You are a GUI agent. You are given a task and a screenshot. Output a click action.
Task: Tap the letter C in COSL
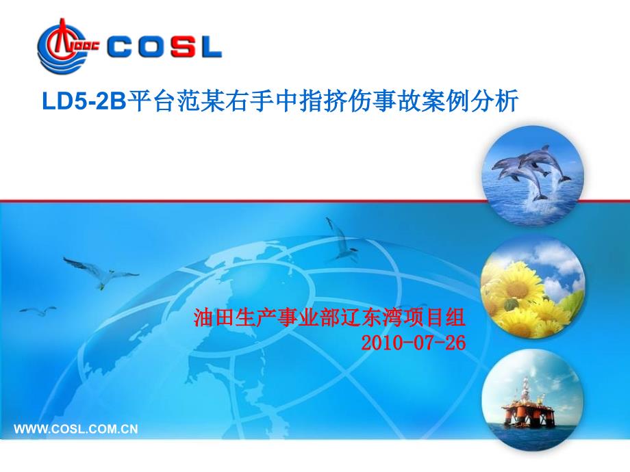click(x=119, y=47)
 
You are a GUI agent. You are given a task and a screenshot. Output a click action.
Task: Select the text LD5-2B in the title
click(x=84, y=101)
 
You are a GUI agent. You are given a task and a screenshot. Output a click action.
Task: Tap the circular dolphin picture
click(x=533, y=175)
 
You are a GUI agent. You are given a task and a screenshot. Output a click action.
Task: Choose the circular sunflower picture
click(x=533, y=288)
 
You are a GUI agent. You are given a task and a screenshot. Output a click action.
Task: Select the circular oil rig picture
click(x=533, y=399)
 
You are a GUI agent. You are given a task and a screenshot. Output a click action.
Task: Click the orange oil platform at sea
click(x=527, y=406)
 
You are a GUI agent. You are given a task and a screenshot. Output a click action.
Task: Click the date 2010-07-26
click(x=414, y=343)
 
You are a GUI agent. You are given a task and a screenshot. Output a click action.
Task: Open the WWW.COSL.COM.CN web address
click(x=76, y=429)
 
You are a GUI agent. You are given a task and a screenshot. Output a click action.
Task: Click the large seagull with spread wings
click(x=101, y=272)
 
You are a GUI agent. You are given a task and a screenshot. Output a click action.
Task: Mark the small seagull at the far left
click(x=38, y=311)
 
